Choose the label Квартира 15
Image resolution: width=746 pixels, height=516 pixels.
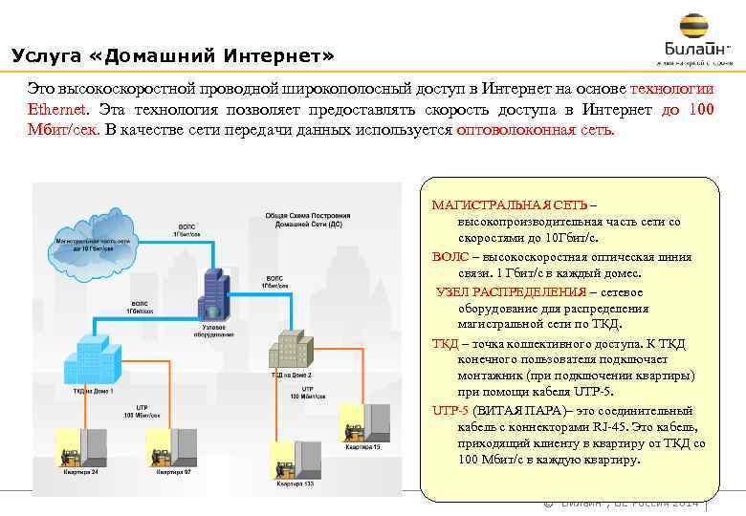[x=363, y=447]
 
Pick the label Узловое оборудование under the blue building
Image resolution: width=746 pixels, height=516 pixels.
[x=213, y=331]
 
